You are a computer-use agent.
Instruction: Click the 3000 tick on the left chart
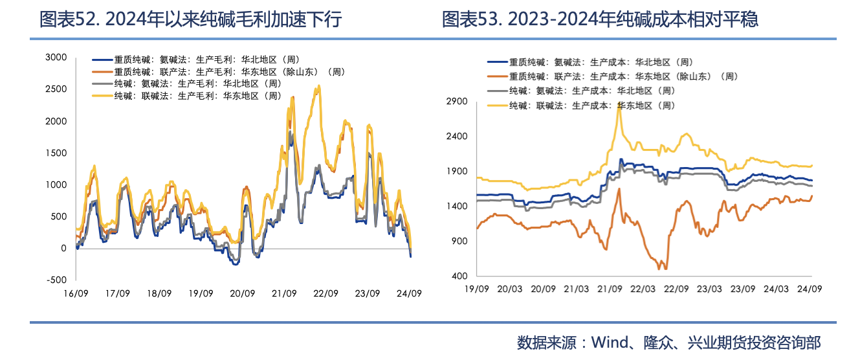tap(56, 58)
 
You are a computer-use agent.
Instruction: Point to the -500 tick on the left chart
tap(56, 280)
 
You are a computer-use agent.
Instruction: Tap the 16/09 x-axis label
tap(76, 293)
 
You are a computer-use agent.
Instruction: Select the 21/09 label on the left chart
tap(284, 293)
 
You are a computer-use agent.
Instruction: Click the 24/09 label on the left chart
tap(409, 293)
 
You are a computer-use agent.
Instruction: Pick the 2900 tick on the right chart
tap(457, 102)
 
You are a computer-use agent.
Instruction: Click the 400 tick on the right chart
tap(459, 276)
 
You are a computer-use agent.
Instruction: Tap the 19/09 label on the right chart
tap(477, 288)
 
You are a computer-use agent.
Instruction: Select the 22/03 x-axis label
tap(643, 288)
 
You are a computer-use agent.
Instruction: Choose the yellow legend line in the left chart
tap(102, 95)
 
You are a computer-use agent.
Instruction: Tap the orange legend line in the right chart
tap(497, 76)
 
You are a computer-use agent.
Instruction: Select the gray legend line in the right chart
tap(497, 91)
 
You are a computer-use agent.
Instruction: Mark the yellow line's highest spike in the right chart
tap(619, 107)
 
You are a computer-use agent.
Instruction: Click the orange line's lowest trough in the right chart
tap(661, 269)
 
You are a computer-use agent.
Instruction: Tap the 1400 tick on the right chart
tap(457, 206)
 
